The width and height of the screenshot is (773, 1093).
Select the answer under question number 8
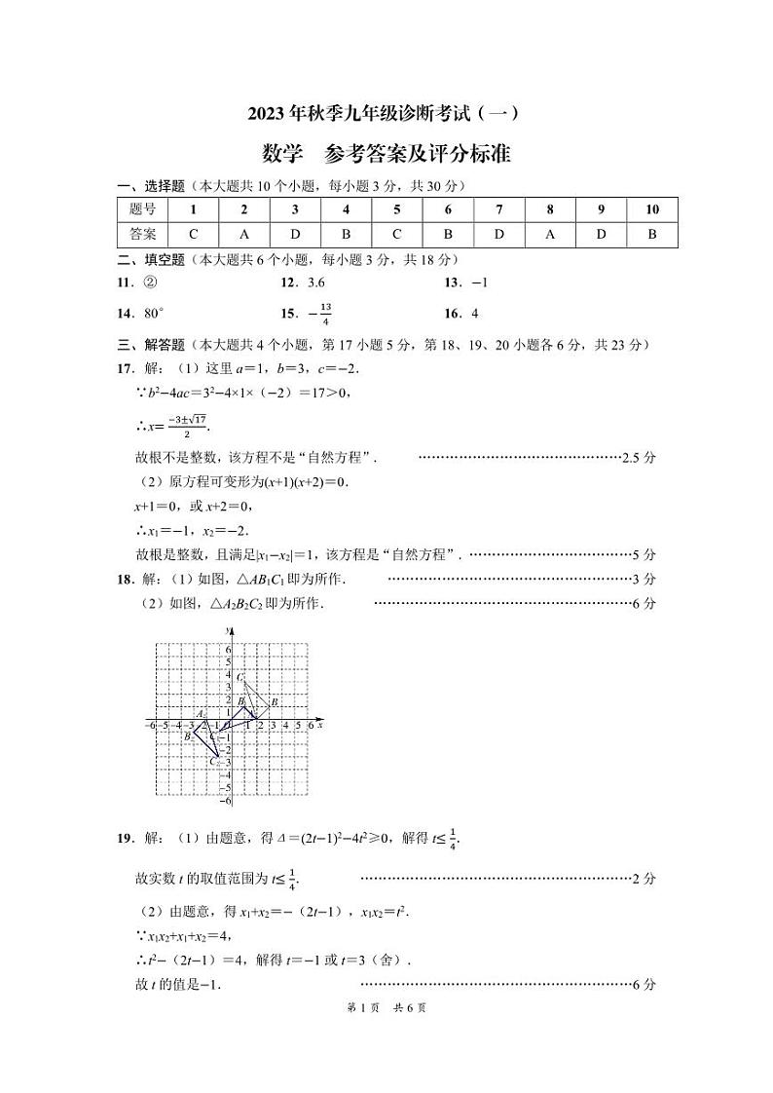tap(549, 234)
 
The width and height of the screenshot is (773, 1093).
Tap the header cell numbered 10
tap(651, 209)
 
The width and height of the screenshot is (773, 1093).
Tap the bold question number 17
tap(124, 369)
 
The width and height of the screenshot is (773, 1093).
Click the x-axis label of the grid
tap(320, 725)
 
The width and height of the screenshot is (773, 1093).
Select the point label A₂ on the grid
tap(201, 714)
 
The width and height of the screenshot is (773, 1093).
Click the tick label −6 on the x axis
tap(150, 726)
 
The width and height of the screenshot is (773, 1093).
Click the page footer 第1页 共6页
tap(386, 1008)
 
